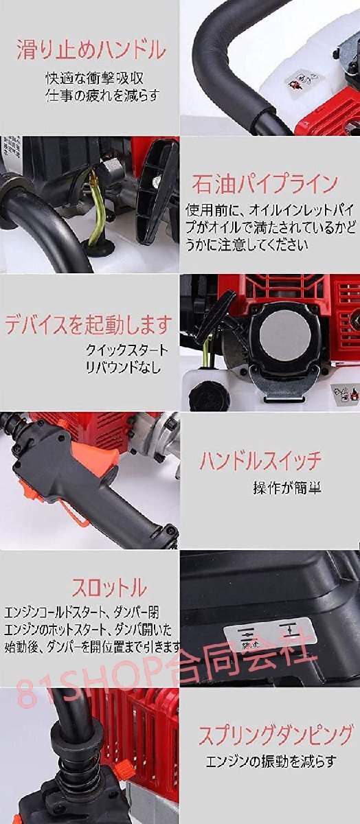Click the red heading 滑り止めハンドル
click(91, 49)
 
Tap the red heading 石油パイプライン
click(265, 183)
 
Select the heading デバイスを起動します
click(88, 323)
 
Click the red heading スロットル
click(109, 588)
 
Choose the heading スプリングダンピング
click(275, 734)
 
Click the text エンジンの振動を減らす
click(272, 761)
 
